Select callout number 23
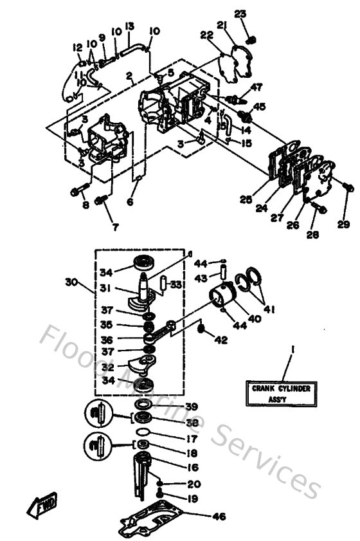[240, 15]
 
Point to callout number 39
[192, 407]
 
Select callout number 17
[192, 440]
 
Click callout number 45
[259, 106]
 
